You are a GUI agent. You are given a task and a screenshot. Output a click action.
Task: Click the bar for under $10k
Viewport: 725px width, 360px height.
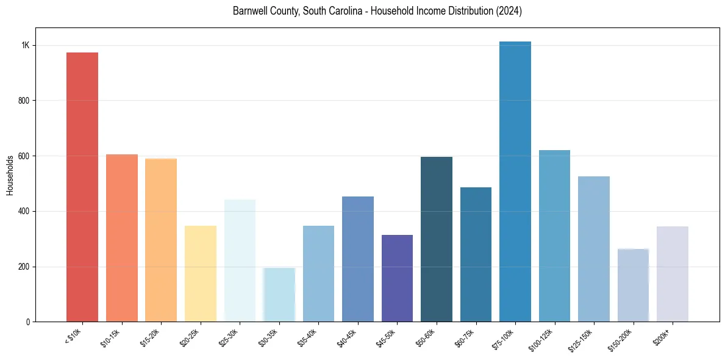click(82, 187)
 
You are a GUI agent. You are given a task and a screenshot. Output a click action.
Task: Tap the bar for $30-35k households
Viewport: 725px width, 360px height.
click(279, 295)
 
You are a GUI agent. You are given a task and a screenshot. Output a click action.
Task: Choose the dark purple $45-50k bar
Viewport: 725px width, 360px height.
click(397, 278)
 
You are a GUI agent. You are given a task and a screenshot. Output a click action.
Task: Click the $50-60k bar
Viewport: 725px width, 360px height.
click(437, 239)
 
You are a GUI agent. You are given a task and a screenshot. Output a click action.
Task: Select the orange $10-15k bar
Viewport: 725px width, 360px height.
click(122, 238)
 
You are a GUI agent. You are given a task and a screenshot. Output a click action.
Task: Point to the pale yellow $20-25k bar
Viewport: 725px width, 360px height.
click(201, 273)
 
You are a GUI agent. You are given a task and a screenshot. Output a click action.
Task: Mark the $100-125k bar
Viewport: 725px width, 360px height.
click(554, 236)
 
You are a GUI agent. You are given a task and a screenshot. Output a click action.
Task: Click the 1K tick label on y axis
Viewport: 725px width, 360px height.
click(26, 46)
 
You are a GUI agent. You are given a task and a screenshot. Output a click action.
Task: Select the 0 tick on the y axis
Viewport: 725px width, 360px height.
click(28, 322)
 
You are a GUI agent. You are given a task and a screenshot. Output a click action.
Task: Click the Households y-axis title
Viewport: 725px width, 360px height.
click(10, 175)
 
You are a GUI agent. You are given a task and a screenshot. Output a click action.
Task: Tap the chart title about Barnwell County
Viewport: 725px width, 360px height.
click(377, 11)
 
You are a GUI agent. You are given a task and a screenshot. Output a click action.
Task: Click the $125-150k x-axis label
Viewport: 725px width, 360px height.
click(582, 339)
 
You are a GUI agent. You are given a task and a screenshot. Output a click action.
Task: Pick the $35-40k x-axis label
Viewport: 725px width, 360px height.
click(309, 337)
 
